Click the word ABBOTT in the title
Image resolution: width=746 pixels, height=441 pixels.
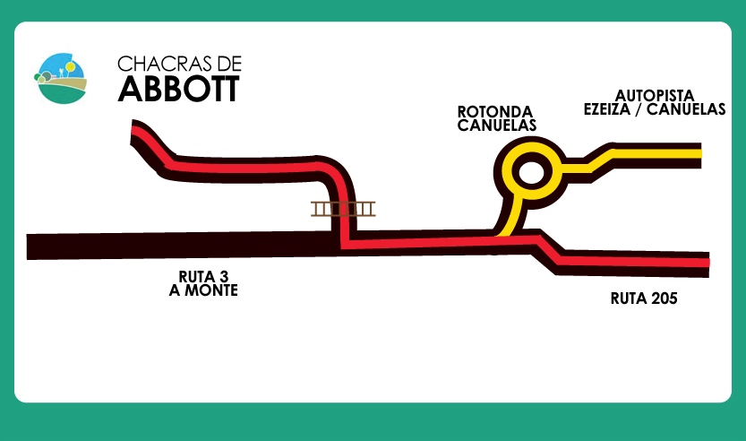(x=178, y=89)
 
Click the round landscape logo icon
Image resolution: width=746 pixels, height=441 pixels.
(x=61, y=78)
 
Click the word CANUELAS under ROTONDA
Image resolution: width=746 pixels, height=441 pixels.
(x=497, y=125)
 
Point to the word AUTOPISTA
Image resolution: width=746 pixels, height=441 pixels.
(x=653, y=94)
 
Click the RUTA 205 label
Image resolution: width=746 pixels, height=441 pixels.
(x=643, y=298)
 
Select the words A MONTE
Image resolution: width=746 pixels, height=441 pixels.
(x=203, y=290)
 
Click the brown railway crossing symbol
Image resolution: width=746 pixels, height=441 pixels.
(x=343, y=209)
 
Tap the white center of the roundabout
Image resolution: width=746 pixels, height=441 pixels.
(x=531, y=171)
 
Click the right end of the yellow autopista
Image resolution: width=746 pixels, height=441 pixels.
(x=697, y=154)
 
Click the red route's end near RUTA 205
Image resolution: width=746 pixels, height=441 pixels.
(x=705, y=262)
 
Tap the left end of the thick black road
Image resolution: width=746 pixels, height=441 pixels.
(x=34, y=246)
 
